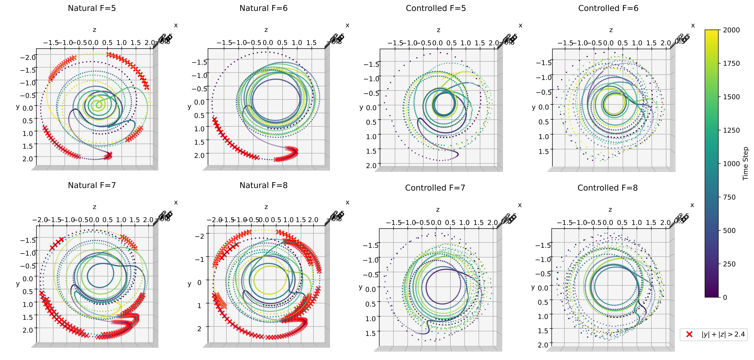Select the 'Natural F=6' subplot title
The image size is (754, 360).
pos(263,8)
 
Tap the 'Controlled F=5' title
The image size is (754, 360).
pos(436,8)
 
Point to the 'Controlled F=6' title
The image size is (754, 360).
pos(608,8)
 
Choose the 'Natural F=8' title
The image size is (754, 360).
pos(263,185)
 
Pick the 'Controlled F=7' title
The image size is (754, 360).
pos(435,188)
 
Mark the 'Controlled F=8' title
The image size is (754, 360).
pos(607,188)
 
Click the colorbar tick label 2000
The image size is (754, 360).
pos(731,30)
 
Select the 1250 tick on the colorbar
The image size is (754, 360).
pos(731,130)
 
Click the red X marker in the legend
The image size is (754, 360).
pos(689,334)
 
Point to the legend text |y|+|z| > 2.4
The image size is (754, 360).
pos(723,334)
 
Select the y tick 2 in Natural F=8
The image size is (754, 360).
pos(199,329)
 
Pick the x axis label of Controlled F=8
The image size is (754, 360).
pos(692,205)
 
